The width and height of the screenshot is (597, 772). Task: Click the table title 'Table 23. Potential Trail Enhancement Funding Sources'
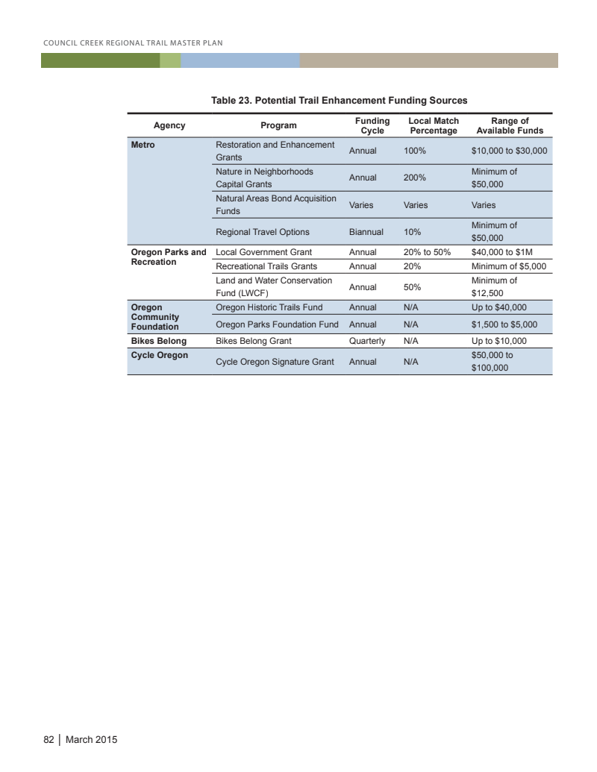(339, 100)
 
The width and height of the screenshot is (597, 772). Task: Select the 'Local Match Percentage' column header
(434, 125)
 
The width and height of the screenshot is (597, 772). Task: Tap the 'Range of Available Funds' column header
(510, 125)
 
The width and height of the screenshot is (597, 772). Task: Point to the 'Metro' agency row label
(143, 145)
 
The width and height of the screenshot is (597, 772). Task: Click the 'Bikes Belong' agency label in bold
(158, 341)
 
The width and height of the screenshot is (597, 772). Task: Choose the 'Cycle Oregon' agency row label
(159, 355)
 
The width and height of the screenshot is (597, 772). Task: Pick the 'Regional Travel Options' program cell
(262, 232)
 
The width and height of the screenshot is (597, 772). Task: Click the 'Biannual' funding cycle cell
(366, 232)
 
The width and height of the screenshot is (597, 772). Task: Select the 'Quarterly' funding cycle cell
(367, 341)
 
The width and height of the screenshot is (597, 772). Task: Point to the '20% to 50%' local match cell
(427, 252)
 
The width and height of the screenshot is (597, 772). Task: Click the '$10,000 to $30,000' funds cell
(510, 151)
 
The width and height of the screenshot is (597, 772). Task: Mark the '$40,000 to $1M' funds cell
(502, 252)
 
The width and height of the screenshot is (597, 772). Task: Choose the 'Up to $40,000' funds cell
(499, 307)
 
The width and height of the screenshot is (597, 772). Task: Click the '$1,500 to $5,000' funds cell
(504, 324)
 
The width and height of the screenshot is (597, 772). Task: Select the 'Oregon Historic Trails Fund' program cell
(269, 307)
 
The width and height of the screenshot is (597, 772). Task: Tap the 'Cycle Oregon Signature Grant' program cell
(274, 362)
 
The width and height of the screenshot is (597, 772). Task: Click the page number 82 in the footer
(49, 740)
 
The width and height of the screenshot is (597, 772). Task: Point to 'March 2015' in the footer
(91, 740)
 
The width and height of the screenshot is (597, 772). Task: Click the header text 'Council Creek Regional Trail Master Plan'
(133, 42)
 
